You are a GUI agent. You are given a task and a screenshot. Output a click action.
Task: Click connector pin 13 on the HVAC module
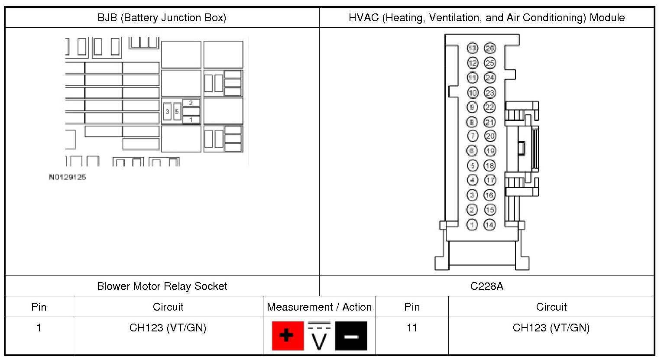472,48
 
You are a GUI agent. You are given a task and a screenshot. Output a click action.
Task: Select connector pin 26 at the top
489,48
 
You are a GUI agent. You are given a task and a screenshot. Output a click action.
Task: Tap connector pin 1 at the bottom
472,224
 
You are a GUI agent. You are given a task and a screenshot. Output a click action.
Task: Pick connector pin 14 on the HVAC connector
489,224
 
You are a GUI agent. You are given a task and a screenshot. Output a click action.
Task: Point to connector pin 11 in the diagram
472,78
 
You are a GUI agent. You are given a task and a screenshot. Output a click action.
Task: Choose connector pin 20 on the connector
489,136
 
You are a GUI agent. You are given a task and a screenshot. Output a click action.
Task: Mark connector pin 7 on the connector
472,136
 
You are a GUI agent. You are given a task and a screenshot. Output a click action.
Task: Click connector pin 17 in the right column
489,180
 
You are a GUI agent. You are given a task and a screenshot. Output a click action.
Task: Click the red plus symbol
288,335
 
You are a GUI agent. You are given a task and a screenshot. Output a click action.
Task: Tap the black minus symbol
351,336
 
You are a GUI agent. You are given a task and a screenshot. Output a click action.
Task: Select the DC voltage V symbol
319,336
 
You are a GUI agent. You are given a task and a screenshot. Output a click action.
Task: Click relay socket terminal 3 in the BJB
167,112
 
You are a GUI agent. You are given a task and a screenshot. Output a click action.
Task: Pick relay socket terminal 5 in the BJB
177,112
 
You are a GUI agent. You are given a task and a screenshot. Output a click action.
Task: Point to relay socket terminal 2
191,103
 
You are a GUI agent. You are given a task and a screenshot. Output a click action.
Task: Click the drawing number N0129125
68,177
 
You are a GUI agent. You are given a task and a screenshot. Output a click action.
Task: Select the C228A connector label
486,286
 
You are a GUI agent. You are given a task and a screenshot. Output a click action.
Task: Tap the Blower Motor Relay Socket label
162,286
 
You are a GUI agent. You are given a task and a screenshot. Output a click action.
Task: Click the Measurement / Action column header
319,307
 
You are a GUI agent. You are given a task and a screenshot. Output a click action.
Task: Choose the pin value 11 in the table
412,328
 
